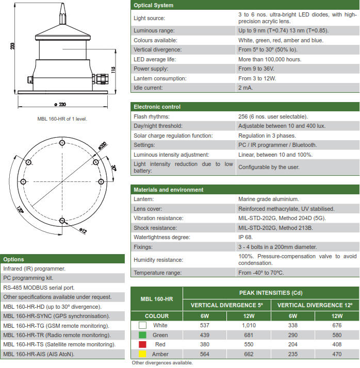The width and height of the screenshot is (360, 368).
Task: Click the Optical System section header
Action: (x=154, y=5)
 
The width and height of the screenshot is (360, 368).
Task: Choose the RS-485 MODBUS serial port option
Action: (x=39, y=288)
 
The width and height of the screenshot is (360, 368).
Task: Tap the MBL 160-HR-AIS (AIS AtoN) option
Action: (x=39, y=354)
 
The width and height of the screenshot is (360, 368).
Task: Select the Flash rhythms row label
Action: (x=152, y=116)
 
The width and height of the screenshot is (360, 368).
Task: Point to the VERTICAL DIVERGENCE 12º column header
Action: (x=315, y=305)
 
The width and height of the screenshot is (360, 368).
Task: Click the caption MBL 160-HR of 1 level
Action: (x=62, y=119)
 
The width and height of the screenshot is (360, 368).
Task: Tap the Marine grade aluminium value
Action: (x=268, y=199)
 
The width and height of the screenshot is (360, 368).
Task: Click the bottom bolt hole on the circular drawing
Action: (x=62, y=221)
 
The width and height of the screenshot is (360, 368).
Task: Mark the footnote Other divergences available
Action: (x=162, y=363)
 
